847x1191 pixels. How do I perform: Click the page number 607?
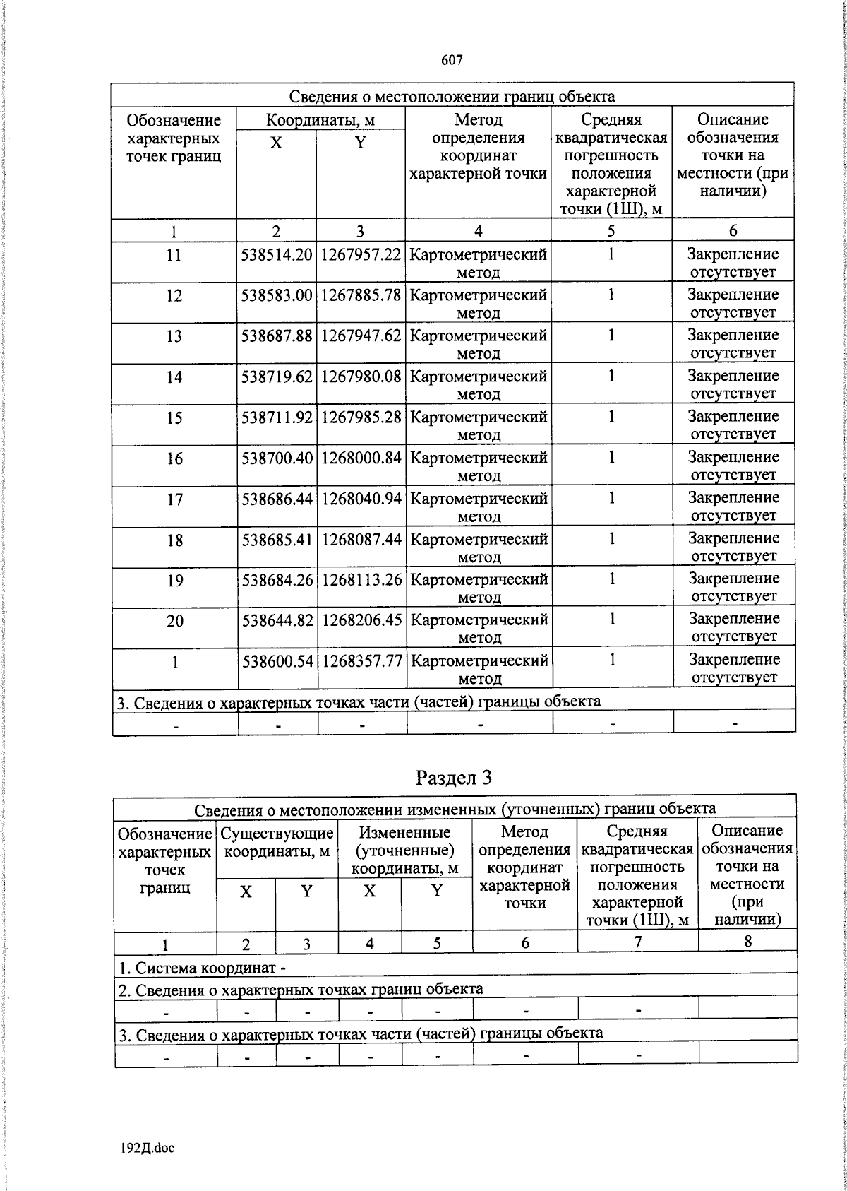point(452,61)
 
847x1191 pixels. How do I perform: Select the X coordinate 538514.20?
point(277,254)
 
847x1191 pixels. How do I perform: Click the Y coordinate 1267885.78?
point(361,295)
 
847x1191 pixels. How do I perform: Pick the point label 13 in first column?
point(174,336)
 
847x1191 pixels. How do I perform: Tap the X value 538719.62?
point(277,377)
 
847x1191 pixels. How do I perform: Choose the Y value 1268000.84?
point(361,458)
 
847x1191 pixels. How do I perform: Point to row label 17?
point(174,499)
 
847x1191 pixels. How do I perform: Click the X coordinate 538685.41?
point(277,540)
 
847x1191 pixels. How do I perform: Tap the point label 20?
point(174,621)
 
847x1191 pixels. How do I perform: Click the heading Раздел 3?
point(453,778)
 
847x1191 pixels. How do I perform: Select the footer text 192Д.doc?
point(147,1148)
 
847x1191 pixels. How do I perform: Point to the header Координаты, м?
point(320,120)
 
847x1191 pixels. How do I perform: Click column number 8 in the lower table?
point(747,941)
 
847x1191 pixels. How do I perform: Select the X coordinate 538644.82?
point(277,621)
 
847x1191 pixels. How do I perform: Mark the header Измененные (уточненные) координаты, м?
point(405,850)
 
